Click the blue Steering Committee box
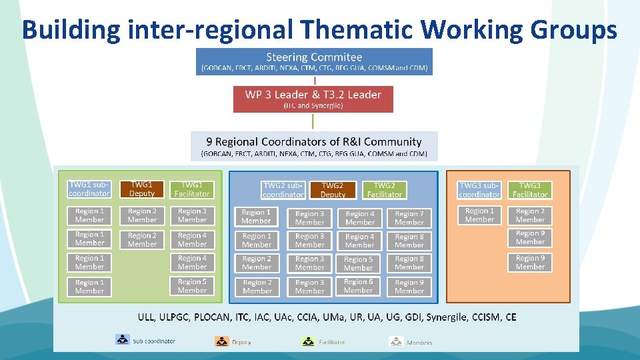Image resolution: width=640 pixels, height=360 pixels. click(x=314, y=61)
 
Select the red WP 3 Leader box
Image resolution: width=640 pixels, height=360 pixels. click(x=313, y=99)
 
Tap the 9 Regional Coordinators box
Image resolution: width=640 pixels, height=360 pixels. click(x=314, y=146)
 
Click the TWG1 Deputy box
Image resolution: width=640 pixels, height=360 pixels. click(x=141, y=189)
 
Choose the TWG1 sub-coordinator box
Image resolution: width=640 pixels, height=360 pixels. click(x=89, y=189)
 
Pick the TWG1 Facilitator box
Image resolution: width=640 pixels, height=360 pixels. click(x=192, y=189)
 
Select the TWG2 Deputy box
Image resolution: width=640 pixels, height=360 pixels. click(x=333, y=190)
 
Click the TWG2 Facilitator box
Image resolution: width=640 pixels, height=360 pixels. click(x=384, y=190)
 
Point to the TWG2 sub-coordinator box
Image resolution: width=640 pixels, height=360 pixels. click(x=283, y=190)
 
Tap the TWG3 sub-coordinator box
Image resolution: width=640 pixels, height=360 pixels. click(x=479, y=190)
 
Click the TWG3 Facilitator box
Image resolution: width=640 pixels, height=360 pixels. click(x=530, y=190)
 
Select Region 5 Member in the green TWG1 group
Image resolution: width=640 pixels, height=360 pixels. click(x=192, y=286)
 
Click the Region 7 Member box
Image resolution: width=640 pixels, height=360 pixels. click(x=409, y=218)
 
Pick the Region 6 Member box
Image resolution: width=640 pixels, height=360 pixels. click(x=359, y=286)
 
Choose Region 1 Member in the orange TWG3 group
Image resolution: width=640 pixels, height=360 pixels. click(x=479, y=215)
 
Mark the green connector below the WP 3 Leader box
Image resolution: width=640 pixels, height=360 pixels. click(x=313, y=121)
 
